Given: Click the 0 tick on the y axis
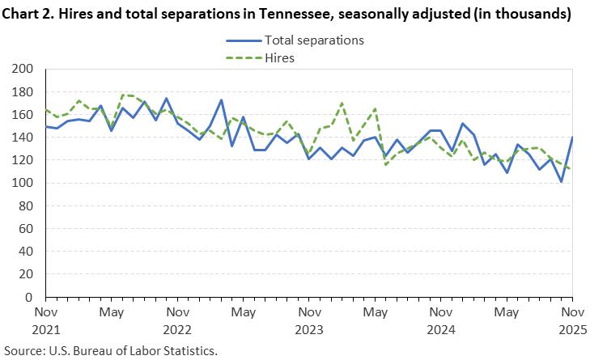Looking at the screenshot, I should click(28, 298).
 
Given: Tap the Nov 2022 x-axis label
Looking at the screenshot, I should click(176, 320).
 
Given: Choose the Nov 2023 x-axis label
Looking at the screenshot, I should click(308, 320).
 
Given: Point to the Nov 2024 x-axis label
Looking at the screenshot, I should click(440, 320).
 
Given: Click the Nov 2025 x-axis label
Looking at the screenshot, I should click(571, 320).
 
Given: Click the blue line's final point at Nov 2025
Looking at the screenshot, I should click(572, 138).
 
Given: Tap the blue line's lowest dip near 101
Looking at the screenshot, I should click(562, 182).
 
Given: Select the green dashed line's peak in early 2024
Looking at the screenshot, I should click(342, 103).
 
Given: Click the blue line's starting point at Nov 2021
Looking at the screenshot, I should click(45, 126).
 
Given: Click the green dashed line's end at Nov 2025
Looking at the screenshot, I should click(572, 169).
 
